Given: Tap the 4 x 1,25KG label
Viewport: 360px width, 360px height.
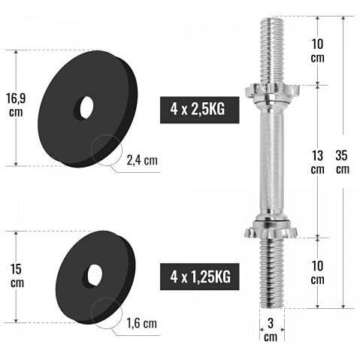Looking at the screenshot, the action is click(200, 277).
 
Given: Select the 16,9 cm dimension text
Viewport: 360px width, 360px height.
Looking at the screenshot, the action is click(16, 105).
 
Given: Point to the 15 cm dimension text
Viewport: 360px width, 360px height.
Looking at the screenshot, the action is click(17, 276).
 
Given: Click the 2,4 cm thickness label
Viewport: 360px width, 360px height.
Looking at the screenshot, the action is click(142, 160).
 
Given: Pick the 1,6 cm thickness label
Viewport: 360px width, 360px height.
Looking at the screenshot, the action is click(142, 323).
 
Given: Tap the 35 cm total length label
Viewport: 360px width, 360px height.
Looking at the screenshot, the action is click(342, 162).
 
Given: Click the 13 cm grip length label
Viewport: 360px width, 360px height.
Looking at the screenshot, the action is click(317, 162).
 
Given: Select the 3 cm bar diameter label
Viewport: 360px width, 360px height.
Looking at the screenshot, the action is click(271, 330).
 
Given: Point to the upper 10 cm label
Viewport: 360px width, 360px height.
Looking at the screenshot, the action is click(317, 50).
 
